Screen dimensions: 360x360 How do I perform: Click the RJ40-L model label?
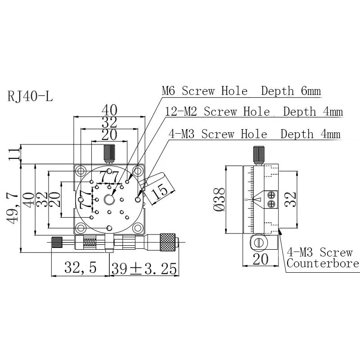(30, 96)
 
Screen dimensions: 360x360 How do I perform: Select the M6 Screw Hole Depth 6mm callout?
(241, 91)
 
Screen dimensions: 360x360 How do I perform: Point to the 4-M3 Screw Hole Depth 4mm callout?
(254, 134)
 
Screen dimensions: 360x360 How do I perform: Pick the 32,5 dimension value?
(80, 268)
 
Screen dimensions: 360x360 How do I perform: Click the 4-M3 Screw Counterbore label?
(323, 258)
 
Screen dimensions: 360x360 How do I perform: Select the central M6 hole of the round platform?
(109, 199)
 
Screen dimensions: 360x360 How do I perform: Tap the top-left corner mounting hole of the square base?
(81, 171)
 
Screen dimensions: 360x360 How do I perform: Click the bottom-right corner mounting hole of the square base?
(138, 228)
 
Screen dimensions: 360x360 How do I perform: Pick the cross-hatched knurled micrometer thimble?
(168, 242)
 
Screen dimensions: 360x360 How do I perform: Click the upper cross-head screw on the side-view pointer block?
(271, 195)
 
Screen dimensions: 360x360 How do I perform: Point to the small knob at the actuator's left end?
(57, 242)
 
